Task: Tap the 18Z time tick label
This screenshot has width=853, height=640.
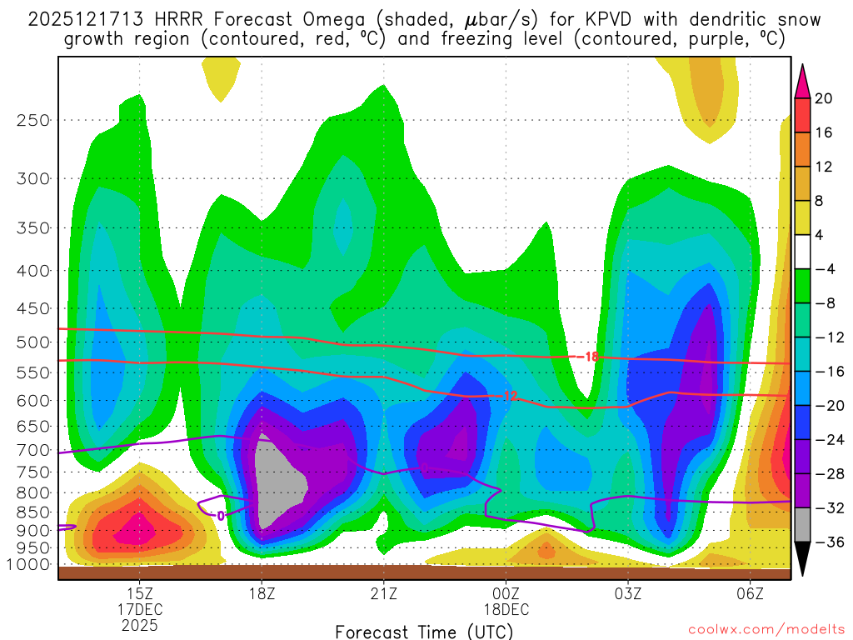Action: (x=262, y=593)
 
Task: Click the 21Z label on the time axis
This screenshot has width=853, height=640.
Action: (x=384, y=593)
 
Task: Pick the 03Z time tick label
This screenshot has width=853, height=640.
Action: (x=628, y=593)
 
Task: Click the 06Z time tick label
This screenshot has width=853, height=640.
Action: (x=751, y=593)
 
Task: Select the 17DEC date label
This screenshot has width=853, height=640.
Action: (x=140, y=608)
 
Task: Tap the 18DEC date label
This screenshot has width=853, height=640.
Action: (x=506, y=608)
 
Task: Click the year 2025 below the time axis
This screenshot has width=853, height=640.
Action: (x=140, y=623)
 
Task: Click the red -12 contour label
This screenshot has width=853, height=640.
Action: (x=509, y=397)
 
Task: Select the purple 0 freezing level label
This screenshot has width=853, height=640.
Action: (x=220, y=516)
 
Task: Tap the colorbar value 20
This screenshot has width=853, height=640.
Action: (x=824, y=98)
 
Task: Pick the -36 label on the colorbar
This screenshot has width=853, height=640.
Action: (x=826, y=542)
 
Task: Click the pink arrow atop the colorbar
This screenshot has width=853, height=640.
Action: (x=803, y=80)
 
